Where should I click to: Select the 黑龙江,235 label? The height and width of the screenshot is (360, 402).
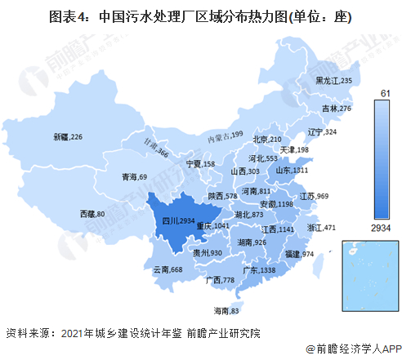[x=333, y=81]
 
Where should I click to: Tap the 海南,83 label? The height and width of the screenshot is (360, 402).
[x=226, y=311]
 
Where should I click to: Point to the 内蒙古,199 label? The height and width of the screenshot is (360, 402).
[x=226, y=136]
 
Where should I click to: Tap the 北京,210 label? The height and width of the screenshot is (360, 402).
[x=266, y=140]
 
